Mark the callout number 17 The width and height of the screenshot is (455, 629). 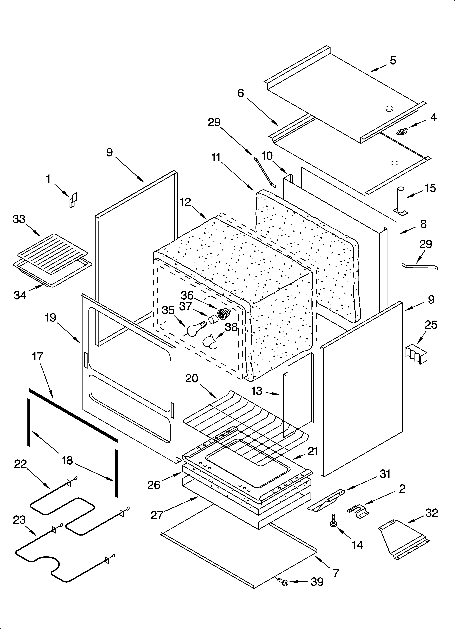(38, 356)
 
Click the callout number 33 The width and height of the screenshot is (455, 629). (19, 219)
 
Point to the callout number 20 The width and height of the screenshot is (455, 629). (191, 378)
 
